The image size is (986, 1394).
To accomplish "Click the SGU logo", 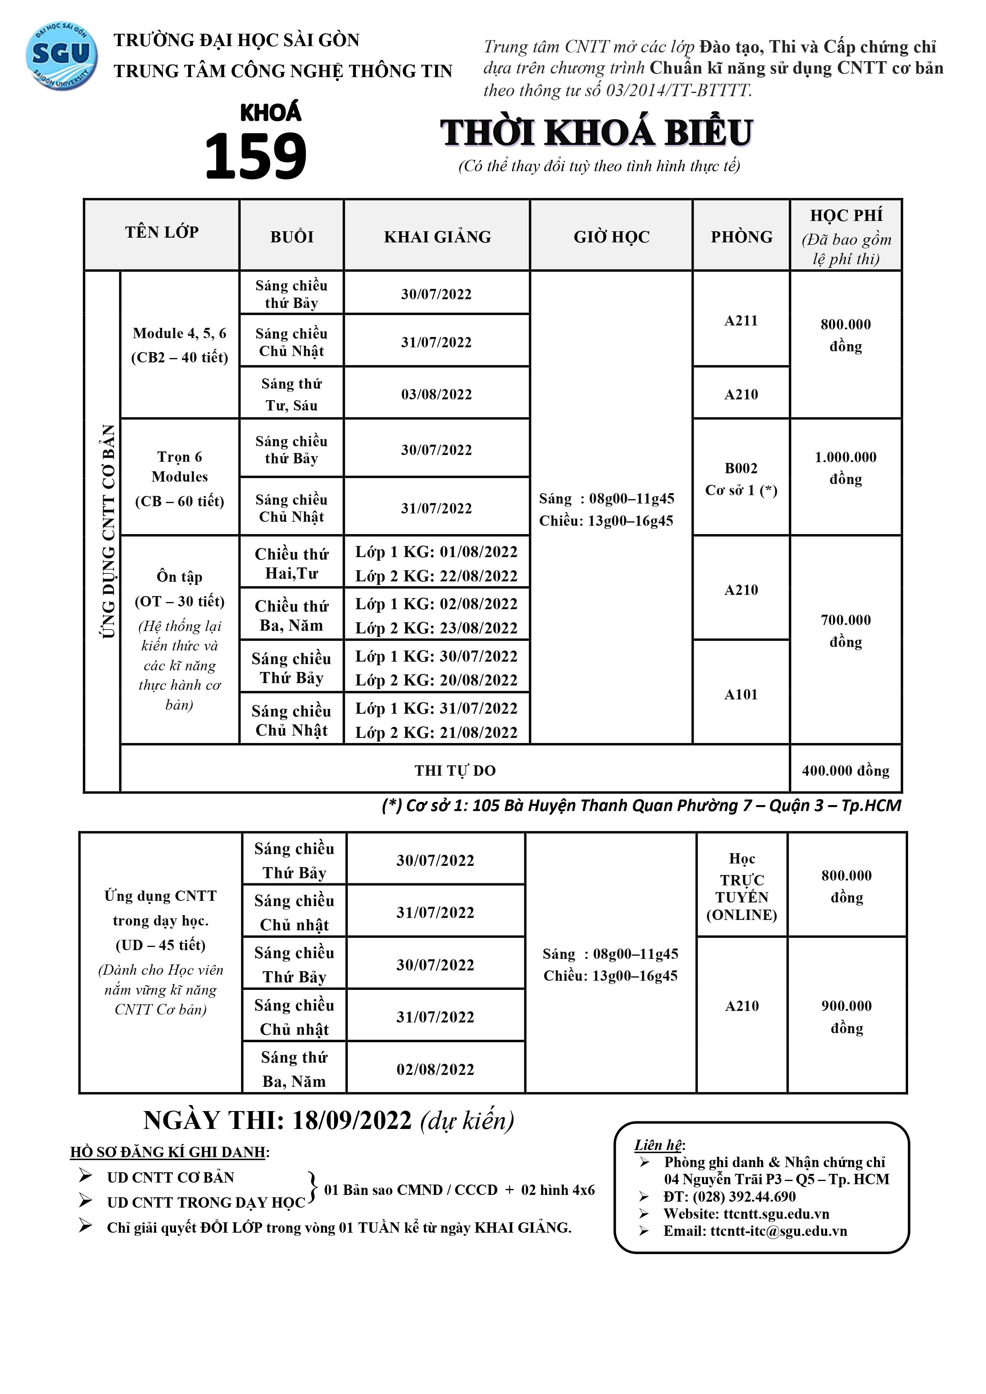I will tap(61, 56).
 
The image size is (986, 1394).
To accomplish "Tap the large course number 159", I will tap(255, 157).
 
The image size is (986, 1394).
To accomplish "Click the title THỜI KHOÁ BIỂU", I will tap(596, 133).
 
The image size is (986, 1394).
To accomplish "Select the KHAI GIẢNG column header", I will tap(437, 237).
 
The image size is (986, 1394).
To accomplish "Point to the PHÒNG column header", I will tap(741, 237).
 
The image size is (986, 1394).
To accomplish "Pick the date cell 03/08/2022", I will tap(436, 395).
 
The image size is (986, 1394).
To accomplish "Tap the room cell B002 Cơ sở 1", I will tap(741, 479).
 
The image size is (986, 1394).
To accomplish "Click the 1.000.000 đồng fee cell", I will tap(846, 468).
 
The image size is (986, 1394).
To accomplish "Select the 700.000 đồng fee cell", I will tap(846, 631).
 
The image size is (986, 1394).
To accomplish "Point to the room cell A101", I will tap(741, 695).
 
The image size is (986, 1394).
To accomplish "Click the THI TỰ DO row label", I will tap(455, 771).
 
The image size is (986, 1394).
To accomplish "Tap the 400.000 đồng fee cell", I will tap(846, 771).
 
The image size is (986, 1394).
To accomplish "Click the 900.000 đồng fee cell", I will tap(846, 1017).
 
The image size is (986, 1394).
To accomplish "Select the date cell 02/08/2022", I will tap(435, 1069).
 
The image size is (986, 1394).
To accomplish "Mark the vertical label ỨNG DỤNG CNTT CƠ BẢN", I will tap(108, 531).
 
